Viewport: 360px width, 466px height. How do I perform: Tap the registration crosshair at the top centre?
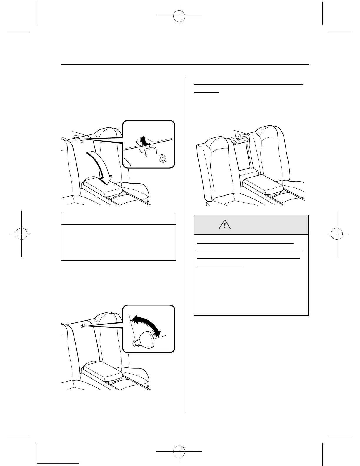click(x=179, y=17)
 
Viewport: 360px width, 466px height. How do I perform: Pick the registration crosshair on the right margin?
click(x=337, y=235)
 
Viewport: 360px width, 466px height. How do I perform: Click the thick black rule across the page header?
click(x=185, y=64)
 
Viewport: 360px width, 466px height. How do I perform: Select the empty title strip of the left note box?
click(x=119, y=218)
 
